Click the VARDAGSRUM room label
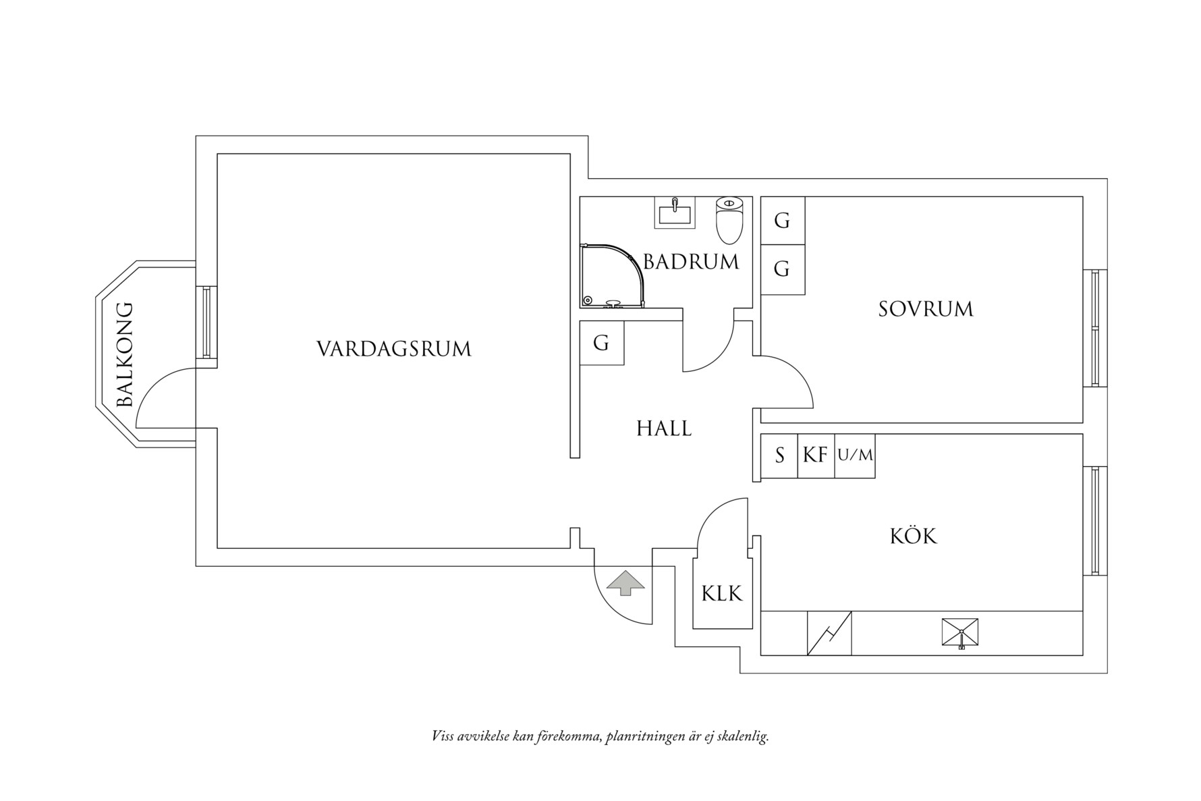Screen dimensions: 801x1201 [393, 349]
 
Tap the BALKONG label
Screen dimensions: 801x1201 [125, 355]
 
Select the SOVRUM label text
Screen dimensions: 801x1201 [926, 309]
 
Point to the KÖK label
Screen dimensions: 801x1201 [914, 536]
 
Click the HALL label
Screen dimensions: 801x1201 [664, 429]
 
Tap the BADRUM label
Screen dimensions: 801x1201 [690, 262]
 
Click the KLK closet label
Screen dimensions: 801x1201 [721, 594]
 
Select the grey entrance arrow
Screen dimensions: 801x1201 [625, 582]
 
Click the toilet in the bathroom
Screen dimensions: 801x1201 [729, 219]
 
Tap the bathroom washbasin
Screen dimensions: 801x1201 [674, 213]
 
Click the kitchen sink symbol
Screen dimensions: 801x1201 [960, 633]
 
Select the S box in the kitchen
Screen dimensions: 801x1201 [779, 455]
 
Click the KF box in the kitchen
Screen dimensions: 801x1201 [815, 455]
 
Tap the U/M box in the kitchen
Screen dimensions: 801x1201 [855, 455]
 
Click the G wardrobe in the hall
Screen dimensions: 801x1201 [601, 343]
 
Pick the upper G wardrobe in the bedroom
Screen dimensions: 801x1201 [782, 221]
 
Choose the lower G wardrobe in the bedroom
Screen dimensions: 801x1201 [782, 269]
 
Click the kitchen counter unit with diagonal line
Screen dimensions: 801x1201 [829, 633]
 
